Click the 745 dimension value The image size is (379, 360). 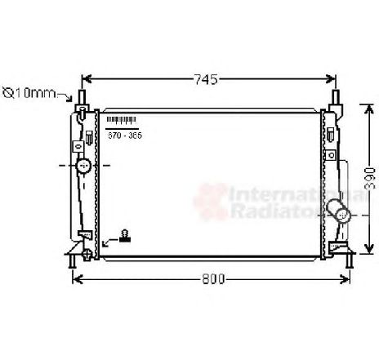click(207, 79)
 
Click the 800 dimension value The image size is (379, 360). click(212, 279)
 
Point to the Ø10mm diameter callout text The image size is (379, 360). click(28, 93)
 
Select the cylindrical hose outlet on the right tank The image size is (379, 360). click(340, 214)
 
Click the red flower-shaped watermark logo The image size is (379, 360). click(207, 200)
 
